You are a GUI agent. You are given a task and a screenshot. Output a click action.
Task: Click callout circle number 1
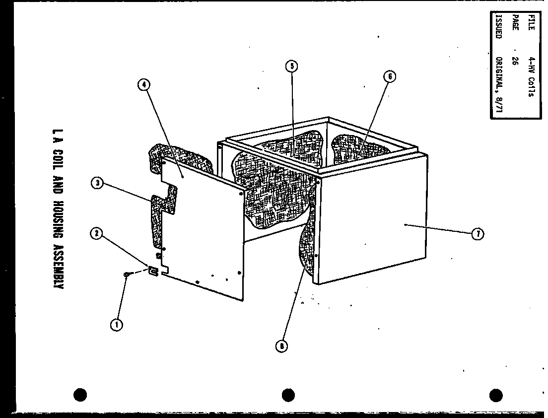[117, 325]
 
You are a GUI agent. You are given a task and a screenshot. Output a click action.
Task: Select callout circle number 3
[98, 184]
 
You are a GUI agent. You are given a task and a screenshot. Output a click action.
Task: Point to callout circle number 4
[143, 85]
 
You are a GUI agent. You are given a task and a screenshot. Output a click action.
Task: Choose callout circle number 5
[291, 66]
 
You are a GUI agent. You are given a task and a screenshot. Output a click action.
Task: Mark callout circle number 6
[390, 77]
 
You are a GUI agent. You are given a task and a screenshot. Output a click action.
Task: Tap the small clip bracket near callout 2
[153, 271]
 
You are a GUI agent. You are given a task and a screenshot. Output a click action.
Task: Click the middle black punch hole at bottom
[288, 395]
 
